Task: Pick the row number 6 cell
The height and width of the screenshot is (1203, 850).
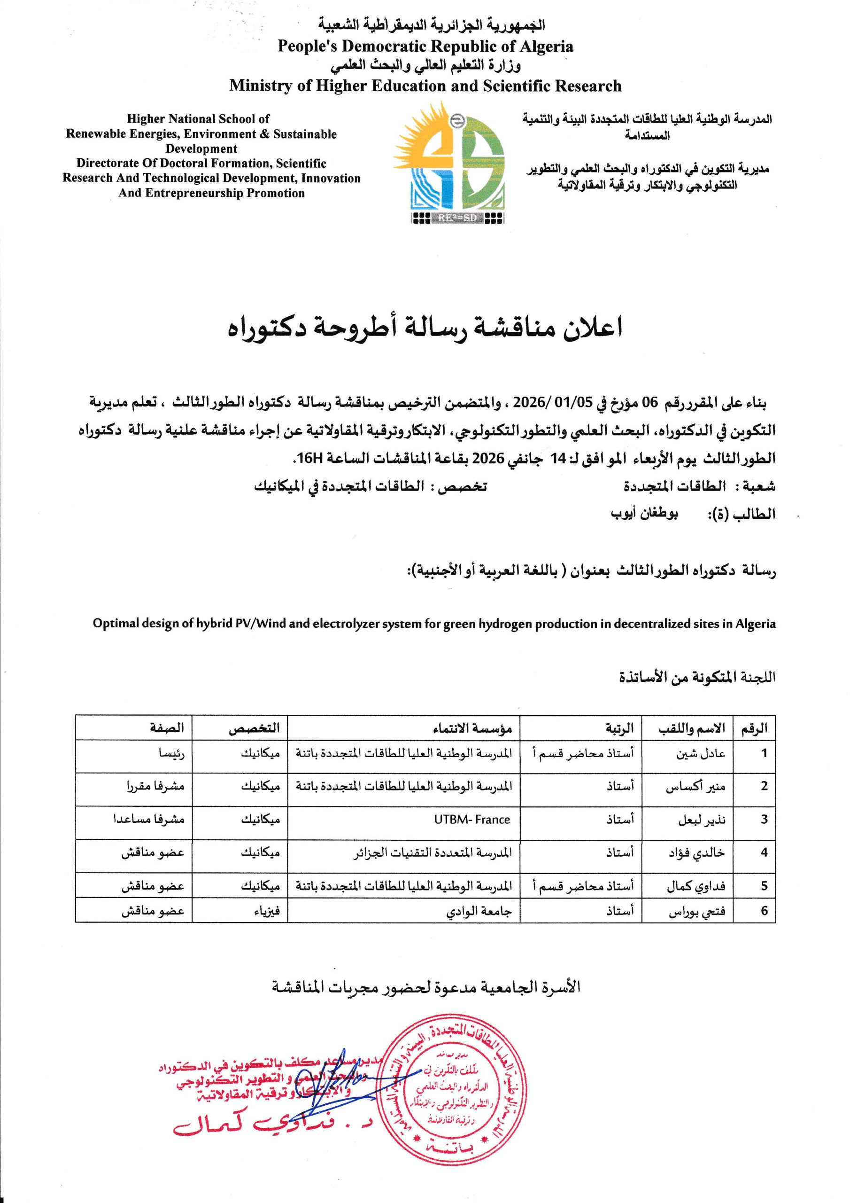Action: point(764,911)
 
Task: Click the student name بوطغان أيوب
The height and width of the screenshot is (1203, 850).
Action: point(644,514)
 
